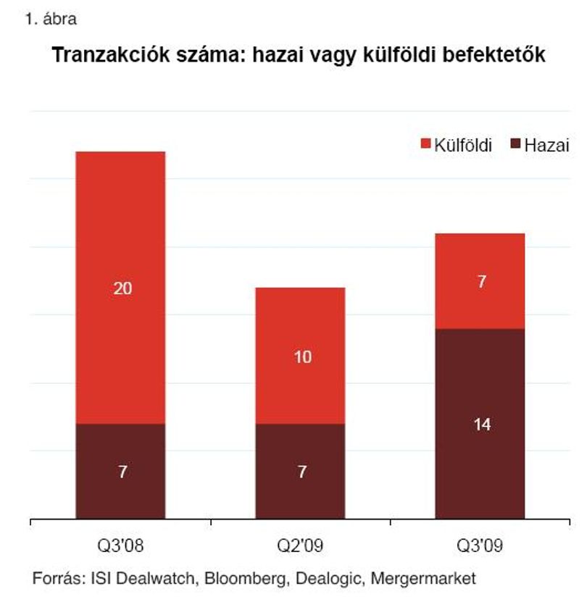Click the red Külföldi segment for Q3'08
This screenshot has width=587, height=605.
(x=120, y=288)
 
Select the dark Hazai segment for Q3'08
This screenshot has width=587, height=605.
(x=120, y=471)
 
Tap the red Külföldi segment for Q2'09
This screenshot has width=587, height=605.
(x=300, y=356)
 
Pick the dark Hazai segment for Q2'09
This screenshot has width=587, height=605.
(x=300, y=471)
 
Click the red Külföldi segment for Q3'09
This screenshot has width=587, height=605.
(x=480, y=281)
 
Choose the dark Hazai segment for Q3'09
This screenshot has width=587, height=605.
(x=480, y=424)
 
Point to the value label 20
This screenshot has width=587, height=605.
(x=122, y=288)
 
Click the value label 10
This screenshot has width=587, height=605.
(x=303, y=356)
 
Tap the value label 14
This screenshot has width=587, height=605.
(x=483, y=425)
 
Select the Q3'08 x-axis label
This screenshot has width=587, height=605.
(x=120, y=546)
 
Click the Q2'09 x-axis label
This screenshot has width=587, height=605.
(x=300, y=546)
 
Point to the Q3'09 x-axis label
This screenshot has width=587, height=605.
(x=480, y=546)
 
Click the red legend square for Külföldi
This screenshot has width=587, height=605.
(x=425, y=143)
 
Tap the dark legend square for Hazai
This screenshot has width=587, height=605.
(x=515, y=143)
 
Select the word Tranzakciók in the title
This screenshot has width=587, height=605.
(x=111, y=54)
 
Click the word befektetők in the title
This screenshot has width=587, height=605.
(x=494, y=54)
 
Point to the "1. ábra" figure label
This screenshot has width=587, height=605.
(x=51, y=19)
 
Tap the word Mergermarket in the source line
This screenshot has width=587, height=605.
(x=423, y=578)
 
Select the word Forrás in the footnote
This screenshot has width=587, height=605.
(x=59, y=578)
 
